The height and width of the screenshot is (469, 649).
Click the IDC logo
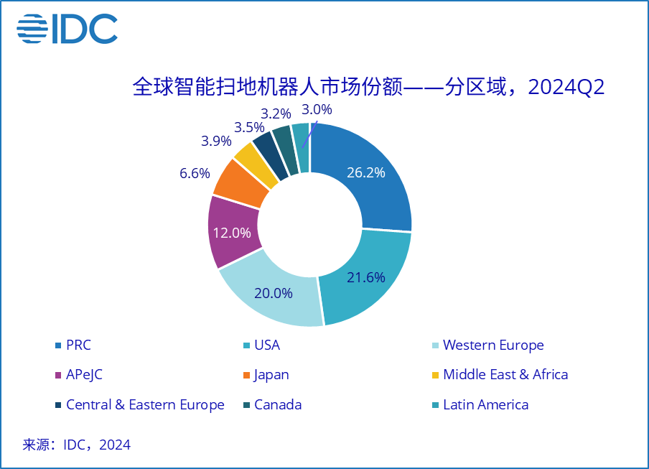(67, 28)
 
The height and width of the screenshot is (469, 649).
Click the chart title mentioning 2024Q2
(368, 88)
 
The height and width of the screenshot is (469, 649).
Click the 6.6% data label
(195, 173)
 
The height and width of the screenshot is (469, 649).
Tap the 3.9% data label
(216, 141)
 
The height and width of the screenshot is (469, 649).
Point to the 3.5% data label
(249, 127)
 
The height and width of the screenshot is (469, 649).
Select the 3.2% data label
(276, 113)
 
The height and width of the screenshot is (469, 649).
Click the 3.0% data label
(317, 110)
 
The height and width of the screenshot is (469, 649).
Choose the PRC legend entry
(78, 345)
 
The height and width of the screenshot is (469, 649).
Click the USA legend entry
(266, 345)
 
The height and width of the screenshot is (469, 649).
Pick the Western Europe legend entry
(492, 345)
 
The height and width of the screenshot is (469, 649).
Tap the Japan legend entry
(271, 374)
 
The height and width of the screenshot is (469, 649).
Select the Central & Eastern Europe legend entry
(144, 404)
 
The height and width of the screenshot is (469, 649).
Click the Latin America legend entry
(485, 404)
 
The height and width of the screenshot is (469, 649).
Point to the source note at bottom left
(77, 445)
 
